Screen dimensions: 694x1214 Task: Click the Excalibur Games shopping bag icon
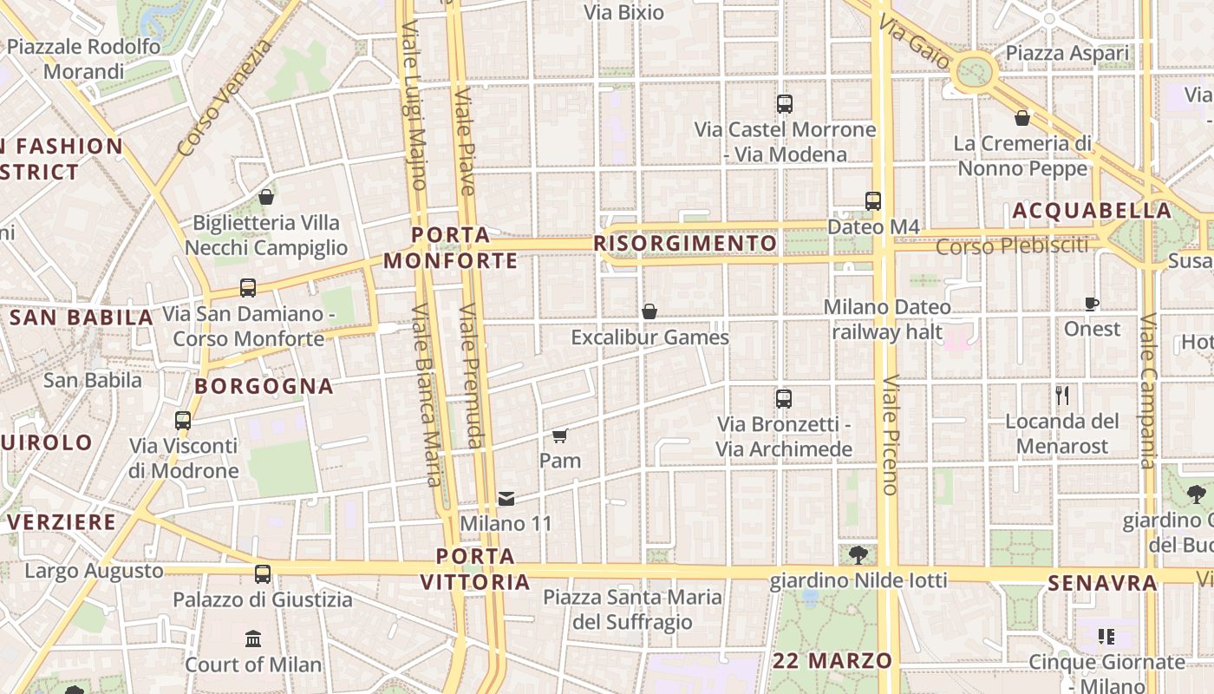click(x=649, y=311)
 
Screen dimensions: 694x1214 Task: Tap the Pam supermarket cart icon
click(x=560, y=435)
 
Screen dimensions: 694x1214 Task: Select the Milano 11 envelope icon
click(x=506, y=499)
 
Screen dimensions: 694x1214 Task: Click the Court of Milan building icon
click(x=253, y=639)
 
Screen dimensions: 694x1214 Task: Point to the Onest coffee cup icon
click(x=1092, y=304)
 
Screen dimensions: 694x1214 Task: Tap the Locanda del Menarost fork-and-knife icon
click(x=1062, y=396)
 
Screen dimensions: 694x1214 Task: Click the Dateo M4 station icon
click(x=873, y=201)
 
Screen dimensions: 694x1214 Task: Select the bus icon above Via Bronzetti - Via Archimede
click(x=784, y=399)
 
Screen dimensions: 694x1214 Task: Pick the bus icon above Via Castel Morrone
click(x=785, y=104)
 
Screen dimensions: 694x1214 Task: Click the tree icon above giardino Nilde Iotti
click(x=858, y=553)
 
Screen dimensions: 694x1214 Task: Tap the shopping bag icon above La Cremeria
click(x=1022, y=118)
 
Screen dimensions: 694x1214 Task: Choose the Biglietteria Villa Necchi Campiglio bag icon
click(x=266, y=197)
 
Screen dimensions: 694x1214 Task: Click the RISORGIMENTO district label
click(x=685, y=243)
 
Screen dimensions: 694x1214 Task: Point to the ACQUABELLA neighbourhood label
click(x=1092, y=211)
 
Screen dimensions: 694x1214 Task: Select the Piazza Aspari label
click(x=1068, y=54)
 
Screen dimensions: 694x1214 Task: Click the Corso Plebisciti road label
click(x=1012, y=246)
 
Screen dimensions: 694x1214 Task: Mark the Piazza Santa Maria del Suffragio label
click(x=632, y=610)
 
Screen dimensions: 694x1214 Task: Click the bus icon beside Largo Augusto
click(x=263, y=573)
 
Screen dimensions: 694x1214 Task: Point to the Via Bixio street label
click(x=623, y=13)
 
